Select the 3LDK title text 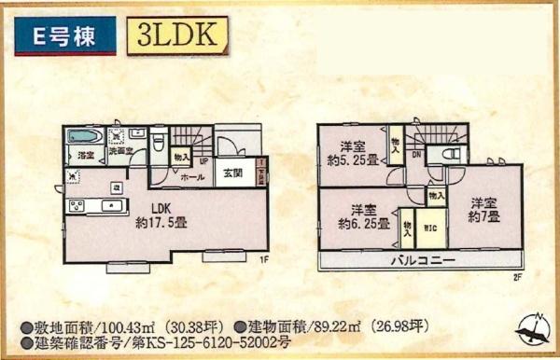175,36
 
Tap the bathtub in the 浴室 83,136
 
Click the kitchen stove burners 75,206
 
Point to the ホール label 193,176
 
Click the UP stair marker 203,159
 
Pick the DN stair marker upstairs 416,155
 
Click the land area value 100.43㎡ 97,328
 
